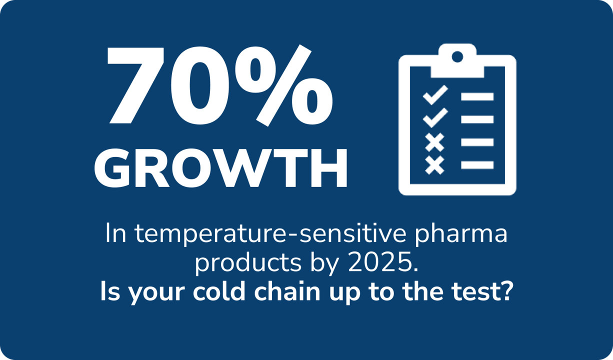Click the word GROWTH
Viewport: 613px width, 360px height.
[x=221, y=167]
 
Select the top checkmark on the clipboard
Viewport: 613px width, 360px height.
[x=435, y=95]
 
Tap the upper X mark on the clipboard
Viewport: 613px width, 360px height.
[x=434, y=142]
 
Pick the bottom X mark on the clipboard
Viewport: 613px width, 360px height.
[x=434, y=165]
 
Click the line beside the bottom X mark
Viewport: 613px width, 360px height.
[x=477, y=165]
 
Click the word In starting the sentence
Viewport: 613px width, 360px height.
[x=115, y=234]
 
